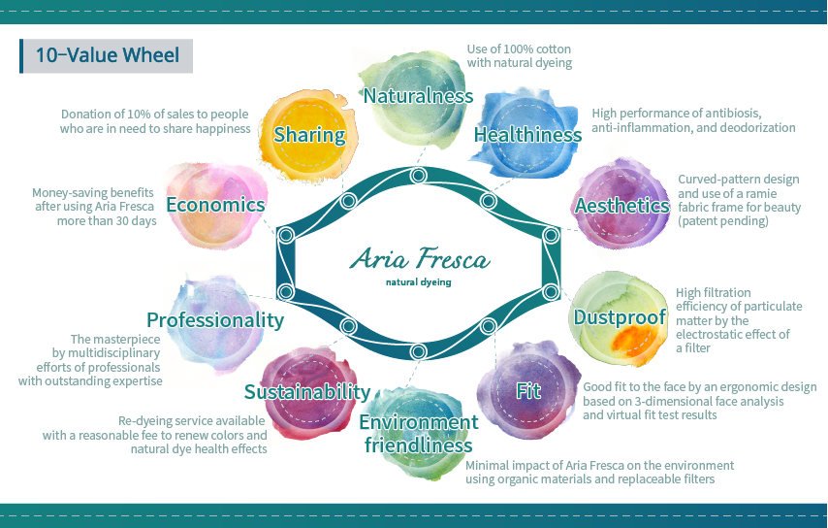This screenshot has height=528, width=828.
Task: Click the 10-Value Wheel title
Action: click(108, 55)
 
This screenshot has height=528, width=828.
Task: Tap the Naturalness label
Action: click(418, 96)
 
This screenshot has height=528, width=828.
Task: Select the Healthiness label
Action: click(527, 134)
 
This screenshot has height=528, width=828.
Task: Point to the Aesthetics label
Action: click(622, 205)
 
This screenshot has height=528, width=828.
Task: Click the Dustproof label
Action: click(620, 317)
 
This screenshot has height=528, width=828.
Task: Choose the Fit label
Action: click(528, 390)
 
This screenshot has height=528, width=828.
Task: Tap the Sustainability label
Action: click(307, 392)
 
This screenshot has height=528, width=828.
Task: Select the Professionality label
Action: click(215, 319)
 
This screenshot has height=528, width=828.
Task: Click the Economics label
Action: click(215, 205)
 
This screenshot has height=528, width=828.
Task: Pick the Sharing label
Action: click(309, 135)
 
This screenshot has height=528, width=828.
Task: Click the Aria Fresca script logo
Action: click(420, 258)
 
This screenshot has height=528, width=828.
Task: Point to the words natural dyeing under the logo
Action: click(418, 281)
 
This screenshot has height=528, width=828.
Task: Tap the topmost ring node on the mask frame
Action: click(418, 176)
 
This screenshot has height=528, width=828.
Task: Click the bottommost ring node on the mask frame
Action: click(418, 351)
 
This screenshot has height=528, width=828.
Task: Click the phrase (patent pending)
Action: click(723, 221)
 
